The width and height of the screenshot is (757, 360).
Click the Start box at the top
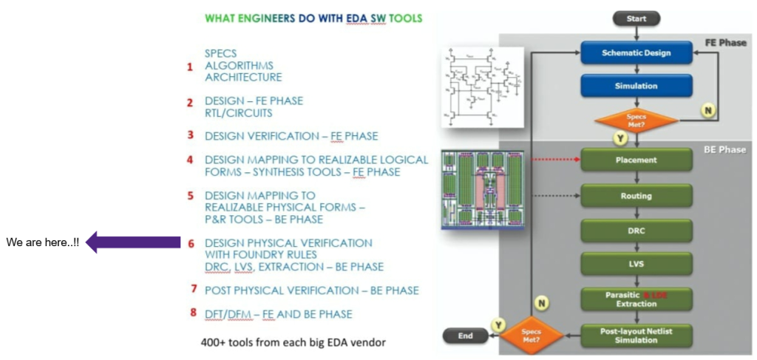coord(636,18)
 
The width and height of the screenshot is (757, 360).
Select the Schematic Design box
coord(636,52)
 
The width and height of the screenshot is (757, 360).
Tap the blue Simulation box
coord(636,86)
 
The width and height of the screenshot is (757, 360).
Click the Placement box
coord(636,160)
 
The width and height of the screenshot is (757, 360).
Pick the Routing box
coord(636,196)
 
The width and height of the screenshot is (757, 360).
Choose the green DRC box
coord(636,231)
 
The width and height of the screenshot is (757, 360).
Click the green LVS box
coord(636,265)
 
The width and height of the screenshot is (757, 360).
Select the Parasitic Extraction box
coord(636,299)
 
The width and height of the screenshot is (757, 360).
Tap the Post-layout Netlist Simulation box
coord(636,335)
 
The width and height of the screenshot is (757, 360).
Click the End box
coord(464,335)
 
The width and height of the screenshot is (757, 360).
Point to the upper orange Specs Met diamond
coord(636,120)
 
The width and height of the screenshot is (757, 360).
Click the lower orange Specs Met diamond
coord(532,335)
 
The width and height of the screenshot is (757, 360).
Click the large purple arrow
coord(133,242)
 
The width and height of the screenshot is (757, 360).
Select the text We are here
coord(42,243)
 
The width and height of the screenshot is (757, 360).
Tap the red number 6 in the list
coord(190,243)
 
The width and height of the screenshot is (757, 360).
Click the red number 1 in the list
coord(190,67)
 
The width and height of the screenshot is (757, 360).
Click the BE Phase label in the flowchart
coord(724,150)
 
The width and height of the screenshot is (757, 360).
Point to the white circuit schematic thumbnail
coord(482,87)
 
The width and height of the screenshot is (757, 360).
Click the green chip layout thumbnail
coord(482,189)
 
